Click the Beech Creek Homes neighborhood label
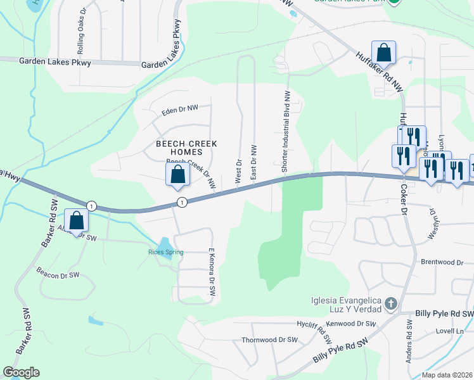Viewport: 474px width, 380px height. [x=186, y=148]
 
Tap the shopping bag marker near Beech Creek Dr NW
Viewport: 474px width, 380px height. [x=178, y=175]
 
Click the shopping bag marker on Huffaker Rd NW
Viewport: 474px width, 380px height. [x=383, y=52]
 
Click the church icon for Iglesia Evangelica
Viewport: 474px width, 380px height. [x=390, y=304]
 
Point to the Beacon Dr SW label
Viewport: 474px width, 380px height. [x=58, y=275]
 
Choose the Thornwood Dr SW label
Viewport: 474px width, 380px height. [x=269, y=339]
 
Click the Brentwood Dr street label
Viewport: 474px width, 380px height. [x=442, y=262]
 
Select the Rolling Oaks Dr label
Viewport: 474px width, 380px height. [x=81, y=32]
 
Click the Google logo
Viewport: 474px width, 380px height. [x=21, y=372]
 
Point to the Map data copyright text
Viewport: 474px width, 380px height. [x=447, y=375]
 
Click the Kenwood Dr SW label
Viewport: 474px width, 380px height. [x=358, y=324]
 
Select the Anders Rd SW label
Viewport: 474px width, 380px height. [x=410, y=338]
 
